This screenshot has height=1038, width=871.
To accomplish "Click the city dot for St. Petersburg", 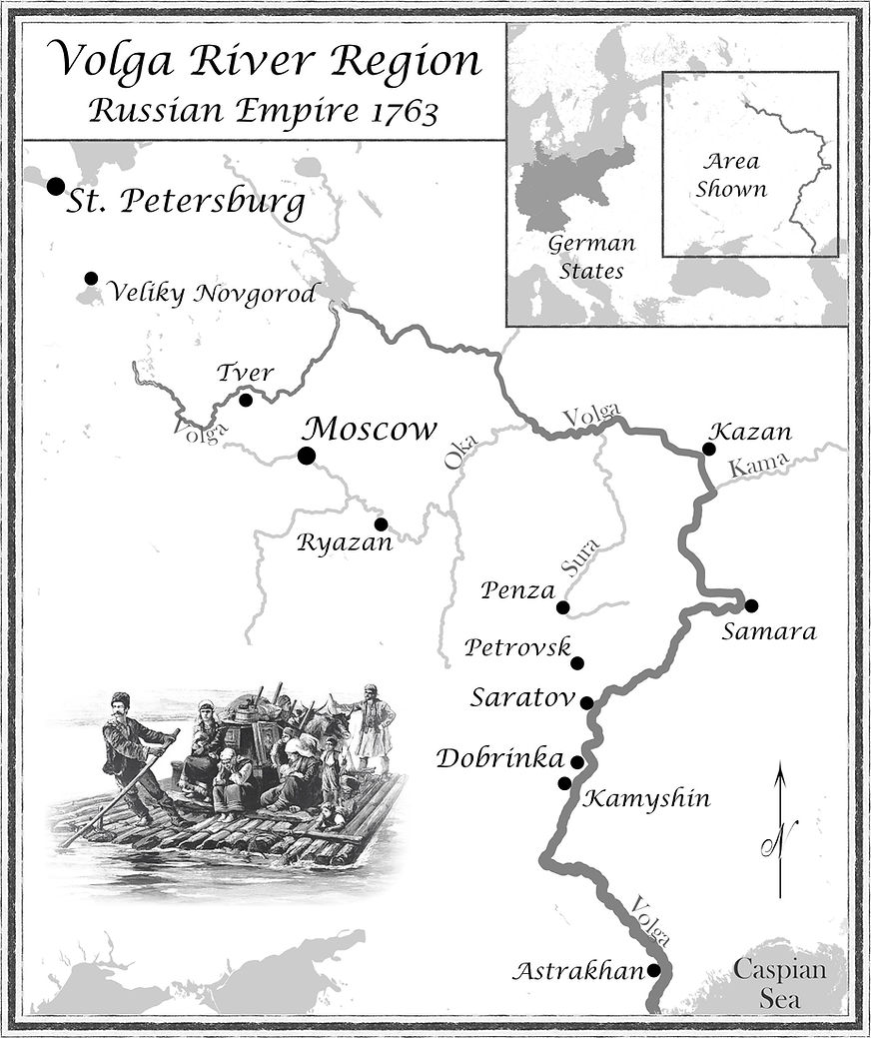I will (x=55, y=186).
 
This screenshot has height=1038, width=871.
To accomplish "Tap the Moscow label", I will (x=370, y=430).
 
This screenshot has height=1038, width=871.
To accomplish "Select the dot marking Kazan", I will (x=708, y=449).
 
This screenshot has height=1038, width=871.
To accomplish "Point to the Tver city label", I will (x=245, y=374).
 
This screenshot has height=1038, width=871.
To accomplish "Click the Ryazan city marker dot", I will (x=381, y=523).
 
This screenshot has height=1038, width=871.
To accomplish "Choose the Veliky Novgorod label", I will (x=212, y=293).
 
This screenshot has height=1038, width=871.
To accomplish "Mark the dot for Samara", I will (x=751, y=604).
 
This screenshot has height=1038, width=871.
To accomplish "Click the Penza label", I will (x=516, y=589).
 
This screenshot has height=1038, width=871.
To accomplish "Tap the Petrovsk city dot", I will (x=577, y=662).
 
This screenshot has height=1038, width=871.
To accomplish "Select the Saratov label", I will (x=522, y=697).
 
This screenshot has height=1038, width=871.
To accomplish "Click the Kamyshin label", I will (x=646, y=798).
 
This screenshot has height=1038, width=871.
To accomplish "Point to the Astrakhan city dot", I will (x=653, y=969).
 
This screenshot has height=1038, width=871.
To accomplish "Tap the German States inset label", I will (x=591, y=257).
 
